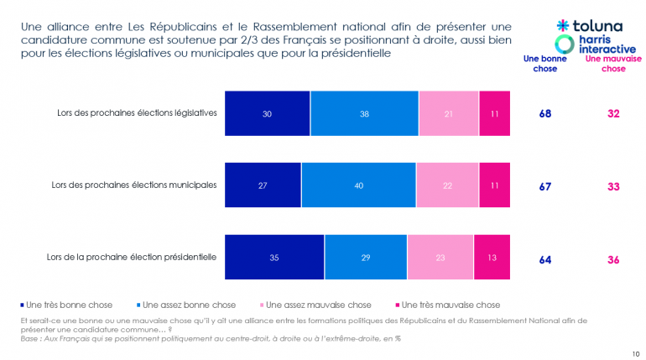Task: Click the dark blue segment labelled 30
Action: (267, 112)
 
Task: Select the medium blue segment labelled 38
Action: (364, 112)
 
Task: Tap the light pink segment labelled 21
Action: (449, 112)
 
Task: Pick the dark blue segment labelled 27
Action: (263, 185)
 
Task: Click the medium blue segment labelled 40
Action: (358, 185)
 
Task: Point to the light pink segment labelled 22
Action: (446, 185)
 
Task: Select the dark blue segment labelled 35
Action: (274, 258)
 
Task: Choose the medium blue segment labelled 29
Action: (366, 258)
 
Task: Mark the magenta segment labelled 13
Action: (492, 258)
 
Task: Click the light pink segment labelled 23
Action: (440, 258)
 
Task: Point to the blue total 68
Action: (545, 113)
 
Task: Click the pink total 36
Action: (613, 260)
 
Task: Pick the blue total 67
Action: (545, 185)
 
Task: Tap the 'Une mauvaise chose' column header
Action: (613, 64)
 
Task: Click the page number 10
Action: (635, 353)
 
